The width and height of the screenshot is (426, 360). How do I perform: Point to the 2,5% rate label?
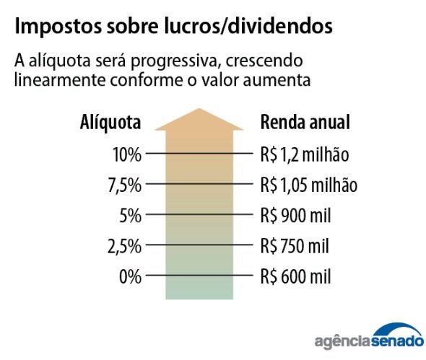tap(124, 246)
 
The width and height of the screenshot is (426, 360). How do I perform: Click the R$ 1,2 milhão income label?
tap(304, 154)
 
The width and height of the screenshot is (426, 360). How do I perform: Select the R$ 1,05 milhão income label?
tap(309, 185)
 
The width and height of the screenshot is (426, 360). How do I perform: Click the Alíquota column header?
tap(110, 122)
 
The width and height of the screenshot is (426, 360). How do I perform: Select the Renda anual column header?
tap(305, 122)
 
